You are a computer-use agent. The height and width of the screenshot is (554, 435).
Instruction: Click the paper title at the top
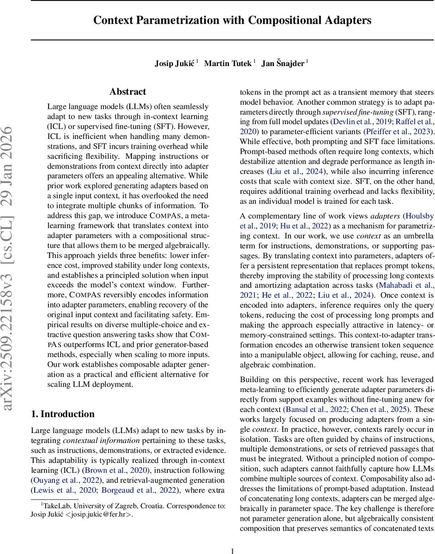point(232,20)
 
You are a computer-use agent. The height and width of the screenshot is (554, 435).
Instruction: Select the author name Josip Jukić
point(175,63)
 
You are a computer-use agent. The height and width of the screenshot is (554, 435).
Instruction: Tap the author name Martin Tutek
point(229,63)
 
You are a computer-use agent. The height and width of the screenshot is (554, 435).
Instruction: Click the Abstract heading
point(127,92)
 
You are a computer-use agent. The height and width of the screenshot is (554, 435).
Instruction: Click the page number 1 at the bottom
point(232,550)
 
